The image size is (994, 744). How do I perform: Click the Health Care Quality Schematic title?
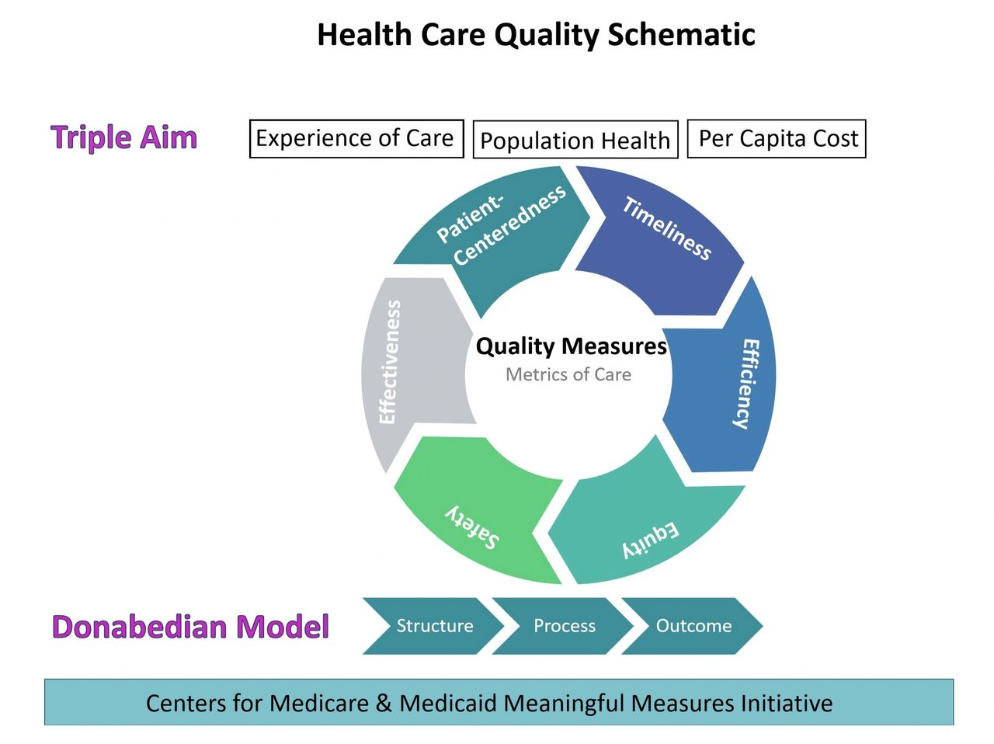coord(536,35)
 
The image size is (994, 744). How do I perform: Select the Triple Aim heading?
coord(123,137)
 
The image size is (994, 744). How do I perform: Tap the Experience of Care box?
coord(356,138)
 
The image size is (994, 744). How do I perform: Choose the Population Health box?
coord(575,140)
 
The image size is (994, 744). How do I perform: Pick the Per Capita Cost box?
coord(777,138)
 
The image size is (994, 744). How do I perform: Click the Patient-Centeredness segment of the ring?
coord(498,231)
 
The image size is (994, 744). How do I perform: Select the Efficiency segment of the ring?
coord(725,381)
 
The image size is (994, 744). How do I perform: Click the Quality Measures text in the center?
coord(571,347)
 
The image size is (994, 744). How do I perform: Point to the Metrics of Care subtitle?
coord(568,374)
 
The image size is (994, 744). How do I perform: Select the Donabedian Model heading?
coord(191,627)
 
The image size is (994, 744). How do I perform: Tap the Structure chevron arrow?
coord(433,626)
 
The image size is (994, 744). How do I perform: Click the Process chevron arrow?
coord(563,626)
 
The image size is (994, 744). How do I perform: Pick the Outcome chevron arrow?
coord(693,626)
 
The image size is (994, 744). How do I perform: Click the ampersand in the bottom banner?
coord(384,703)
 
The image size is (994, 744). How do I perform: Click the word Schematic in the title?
coord(681,35)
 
